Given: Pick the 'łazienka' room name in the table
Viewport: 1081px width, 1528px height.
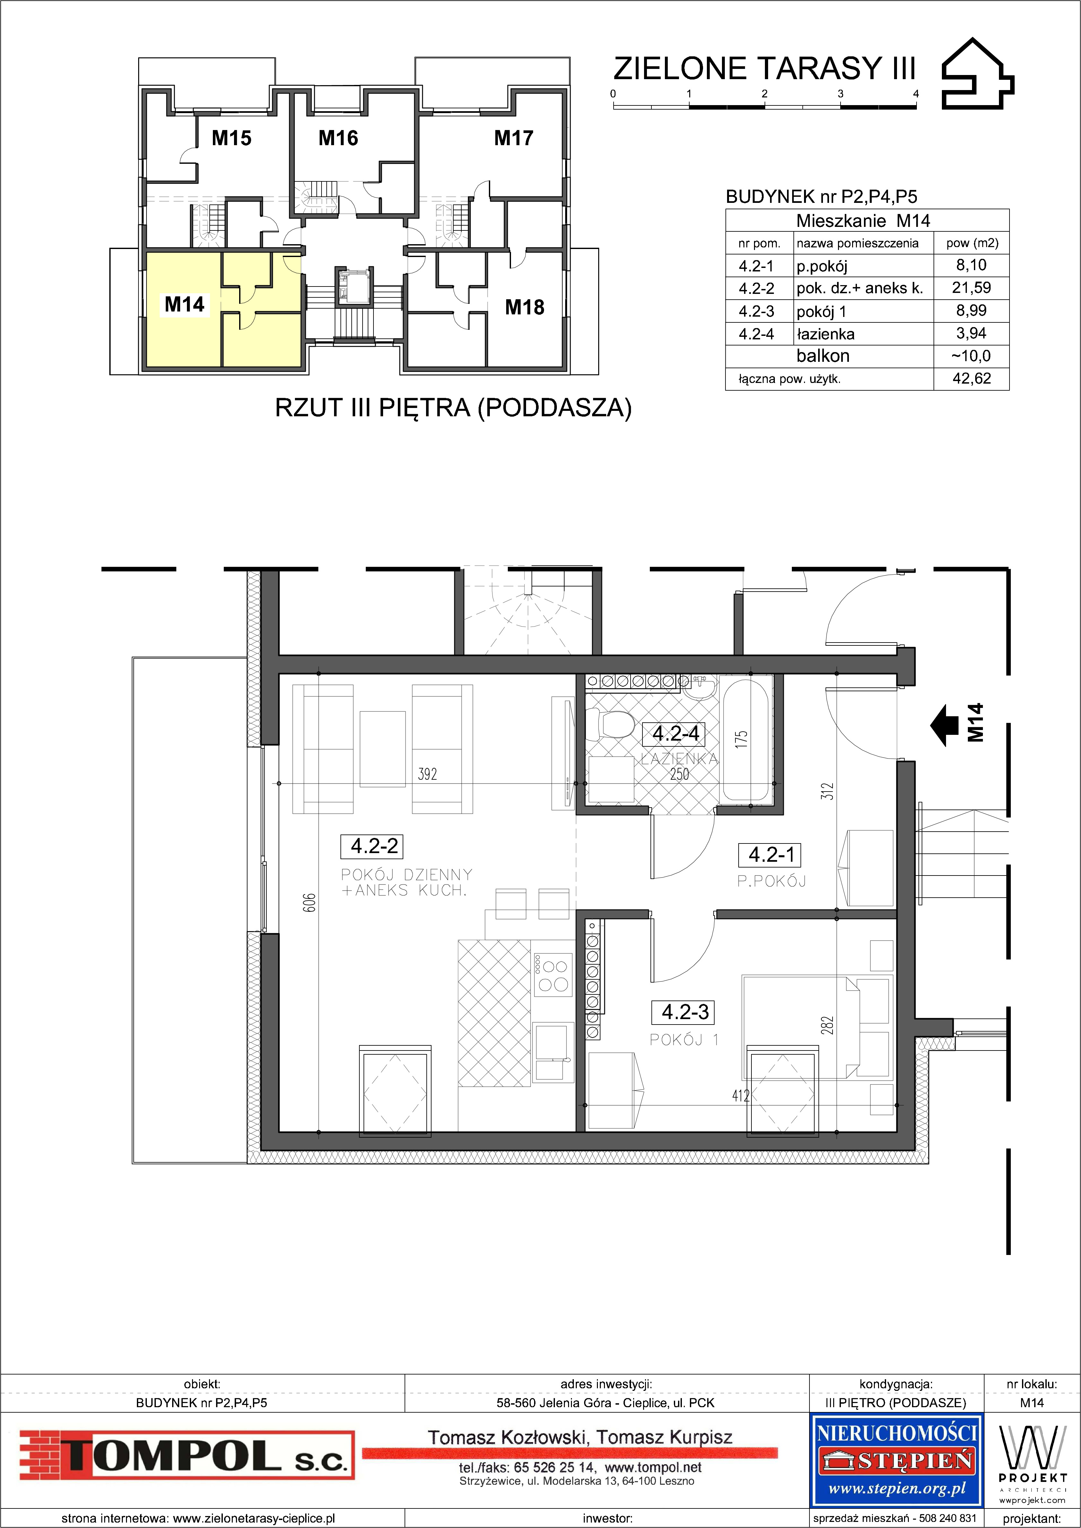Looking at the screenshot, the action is (825, 334).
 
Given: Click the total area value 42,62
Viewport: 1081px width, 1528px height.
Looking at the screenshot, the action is (971, 379).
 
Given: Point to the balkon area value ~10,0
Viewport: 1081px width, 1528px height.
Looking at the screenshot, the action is (971, 356).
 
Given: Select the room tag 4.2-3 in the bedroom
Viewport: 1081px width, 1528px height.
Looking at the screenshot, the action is (685, 1012).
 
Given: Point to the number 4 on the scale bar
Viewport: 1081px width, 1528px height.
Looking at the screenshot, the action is (916, 94).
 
